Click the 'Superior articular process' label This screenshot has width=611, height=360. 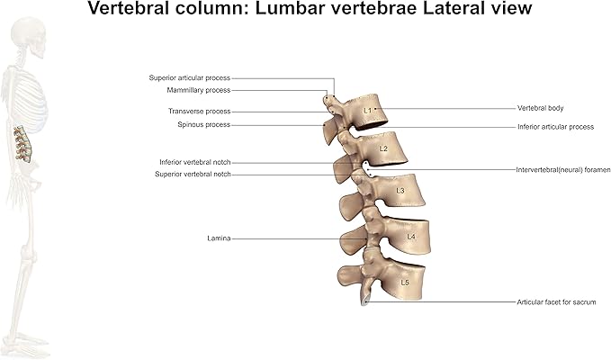(189, 78)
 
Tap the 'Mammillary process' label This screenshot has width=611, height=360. (199, 90)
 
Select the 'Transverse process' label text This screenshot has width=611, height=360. (200, 111)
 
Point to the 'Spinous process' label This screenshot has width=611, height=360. (203, 125)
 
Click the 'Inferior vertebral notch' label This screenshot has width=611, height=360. (195, 162)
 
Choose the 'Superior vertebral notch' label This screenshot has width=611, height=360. (193, 175)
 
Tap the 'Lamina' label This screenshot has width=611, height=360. (219, 238)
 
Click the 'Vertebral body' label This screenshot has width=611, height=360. (541, 108)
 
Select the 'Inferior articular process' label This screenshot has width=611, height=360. (556, 127)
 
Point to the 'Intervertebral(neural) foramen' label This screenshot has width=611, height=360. (563, 170)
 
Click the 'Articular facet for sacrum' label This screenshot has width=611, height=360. (556, 301)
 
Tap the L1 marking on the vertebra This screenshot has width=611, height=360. (367, 111)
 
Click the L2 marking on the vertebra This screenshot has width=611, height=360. (383, 148)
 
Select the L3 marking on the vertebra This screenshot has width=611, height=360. (400, 191)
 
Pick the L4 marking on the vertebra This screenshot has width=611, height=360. (411, 237)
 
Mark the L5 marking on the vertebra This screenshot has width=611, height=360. (405, 283)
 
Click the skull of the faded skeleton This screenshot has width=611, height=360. (29, 38)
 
